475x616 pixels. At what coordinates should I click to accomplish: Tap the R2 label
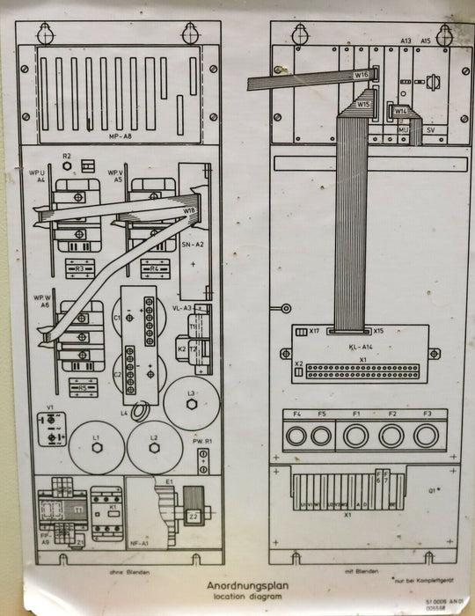point(67,156)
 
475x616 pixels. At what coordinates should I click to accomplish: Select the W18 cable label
point(189,211)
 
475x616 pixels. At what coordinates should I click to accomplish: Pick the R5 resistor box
point(82,386)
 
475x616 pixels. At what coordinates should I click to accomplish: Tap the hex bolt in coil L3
point(192,405)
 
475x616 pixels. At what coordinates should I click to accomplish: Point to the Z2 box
point(193,517)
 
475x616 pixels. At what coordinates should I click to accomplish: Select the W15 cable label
point(362,104)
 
